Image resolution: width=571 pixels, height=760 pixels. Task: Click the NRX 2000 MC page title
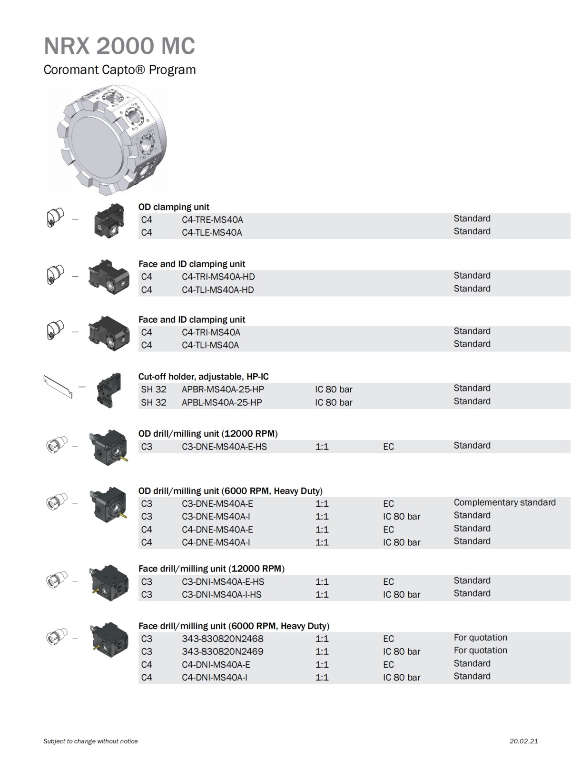[119, 46]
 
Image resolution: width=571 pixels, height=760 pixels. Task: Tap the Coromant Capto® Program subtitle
[119, 70]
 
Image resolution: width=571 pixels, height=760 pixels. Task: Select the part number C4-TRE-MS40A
[212, 220]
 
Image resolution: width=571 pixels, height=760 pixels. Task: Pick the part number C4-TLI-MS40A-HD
[217, 290]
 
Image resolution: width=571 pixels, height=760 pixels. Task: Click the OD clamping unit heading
[174, 207]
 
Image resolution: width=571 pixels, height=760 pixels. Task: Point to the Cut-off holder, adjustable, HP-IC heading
[203, 377]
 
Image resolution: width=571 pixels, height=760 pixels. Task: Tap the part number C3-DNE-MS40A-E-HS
[224, 447]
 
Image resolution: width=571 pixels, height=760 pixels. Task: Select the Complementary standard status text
[504, 502]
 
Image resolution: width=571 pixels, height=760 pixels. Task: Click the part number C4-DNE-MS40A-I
[216, 542]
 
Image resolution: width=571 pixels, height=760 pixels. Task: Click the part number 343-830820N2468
[222, 639]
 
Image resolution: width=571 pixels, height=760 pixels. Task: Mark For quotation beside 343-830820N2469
[480, 650]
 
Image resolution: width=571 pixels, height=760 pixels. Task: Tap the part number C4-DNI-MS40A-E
[216, 664]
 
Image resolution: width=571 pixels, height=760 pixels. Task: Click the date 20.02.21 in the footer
[523, 741]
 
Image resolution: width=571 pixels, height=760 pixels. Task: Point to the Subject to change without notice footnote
[90, 741]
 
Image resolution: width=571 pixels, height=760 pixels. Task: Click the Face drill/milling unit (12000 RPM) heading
[211, 569]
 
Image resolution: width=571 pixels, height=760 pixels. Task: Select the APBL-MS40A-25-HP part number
[222, 402]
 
